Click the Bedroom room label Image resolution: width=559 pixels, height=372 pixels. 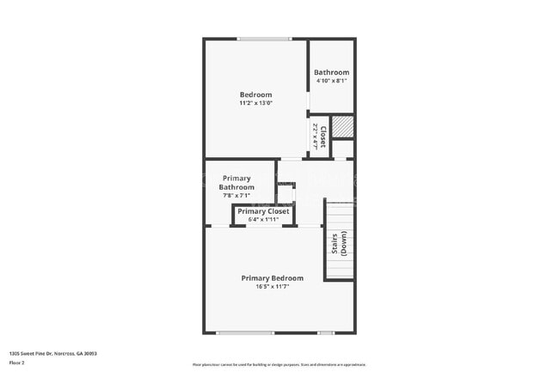tap(255, 95)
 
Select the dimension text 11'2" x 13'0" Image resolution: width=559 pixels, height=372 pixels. tap(255, 103)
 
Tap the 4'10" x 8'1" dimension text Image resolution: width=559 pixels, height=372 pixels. tap(331, 81)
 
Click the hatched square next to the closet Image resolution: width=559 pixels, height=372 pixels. tap(343, 126)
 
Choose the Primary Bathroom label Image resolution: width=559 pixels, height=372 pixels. tap(236, 182)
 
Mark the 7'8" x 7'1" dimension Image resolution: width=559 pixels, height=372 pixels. tap(236, 195)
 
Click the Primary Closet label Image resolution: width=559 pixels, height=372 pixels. tap(263, 211)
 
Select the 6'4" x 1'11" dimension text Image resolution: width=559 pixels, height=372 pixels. tap(263, 220)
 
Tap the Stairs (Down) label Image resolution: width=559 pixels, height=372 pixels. tap(339, 243)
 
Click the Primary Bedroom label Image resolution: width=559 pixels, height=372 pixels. tap(272, 278)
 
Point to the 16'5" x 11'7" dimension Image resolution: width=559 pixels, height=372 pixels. tap(272, 287)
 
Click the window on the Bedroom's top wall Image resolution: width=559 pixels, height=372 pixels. tap(264, 39)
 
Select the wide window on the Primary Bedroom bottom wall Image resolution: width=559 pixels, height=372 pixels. tap(244, 332)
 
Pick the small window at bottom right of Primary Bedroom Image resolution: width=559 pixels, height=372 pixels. tap(326, 332)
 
